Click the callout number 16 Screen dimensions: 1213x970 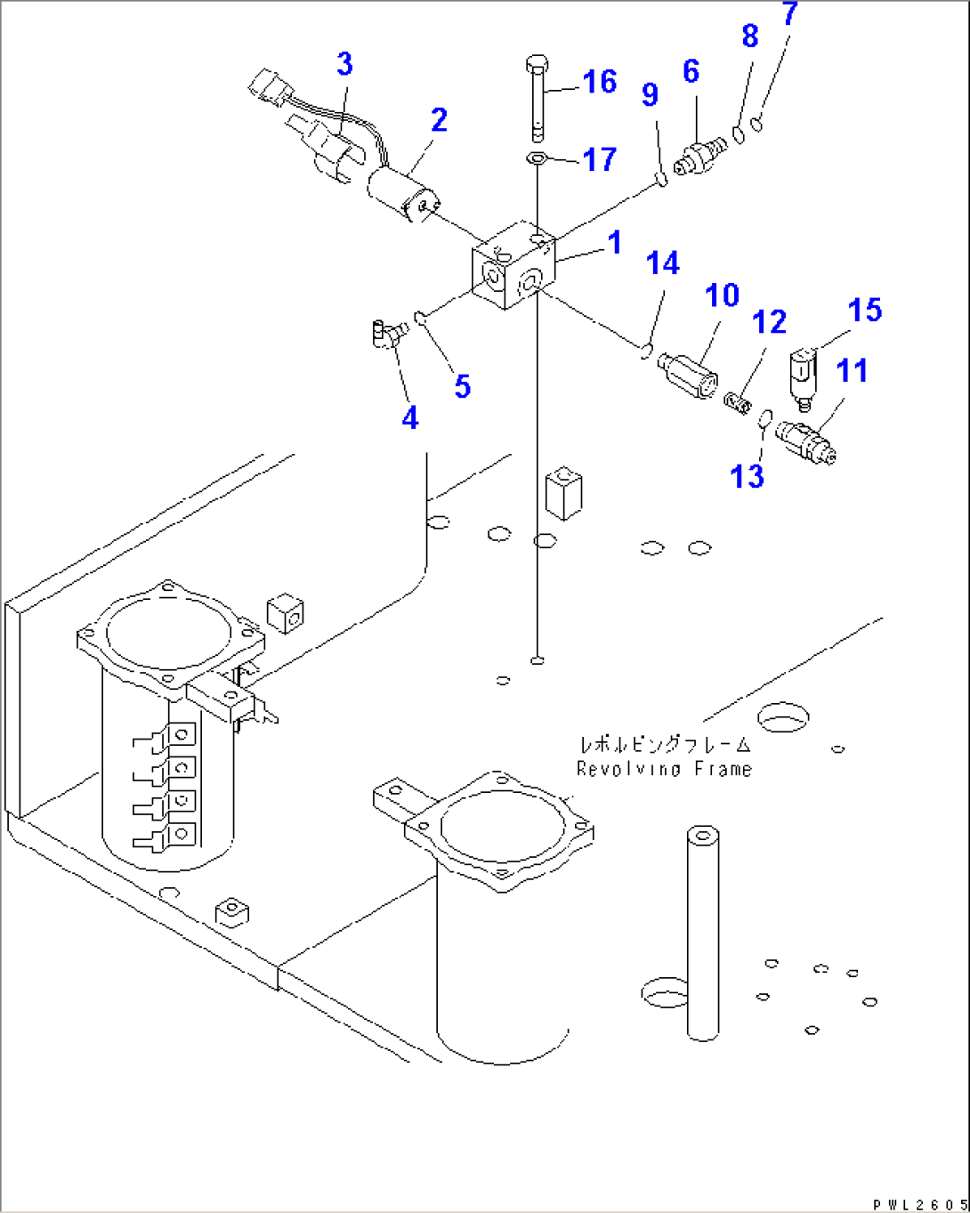[x=599, y=82]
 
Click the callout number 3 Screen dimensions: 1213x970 [x=344, y=64]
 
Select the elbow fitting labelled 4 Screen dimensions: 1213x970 [x=387, y=335]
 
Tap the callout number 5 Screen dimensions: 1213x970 [x=462, y=386]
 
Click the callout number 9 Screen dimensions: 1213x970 [x=650, y=93]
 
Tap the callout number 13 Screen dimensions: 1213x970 [x=747, y=476]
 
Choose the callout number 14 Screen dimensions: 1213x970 [x=662, y=263]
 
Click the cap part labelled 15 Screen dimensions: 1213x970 [x=802, y=377]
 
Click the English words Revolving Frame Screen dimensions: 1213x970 [x=664, y=769]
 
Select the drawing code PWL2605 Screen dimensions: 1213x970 [x=917, y=1204]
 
